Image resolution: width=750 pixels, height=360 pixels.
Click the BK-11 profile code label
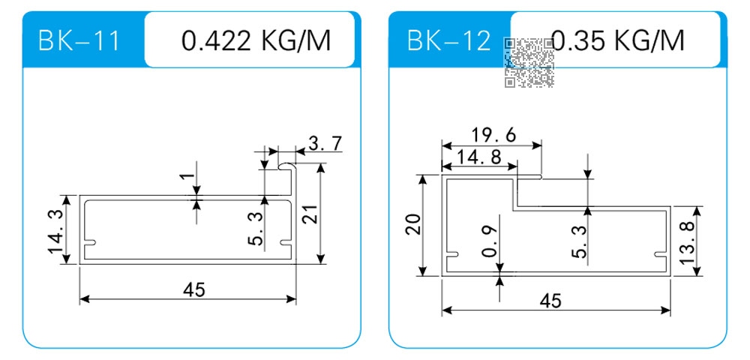[x=79, y=40]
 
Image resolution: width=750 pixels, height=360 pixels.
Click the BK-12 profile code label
[x=448, y=40]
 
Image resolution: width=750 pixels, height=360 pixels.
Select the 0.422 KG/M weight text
[x=256, y=40]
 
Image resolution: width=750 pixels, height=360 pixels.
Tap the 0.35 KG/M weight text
[x=617, y=40]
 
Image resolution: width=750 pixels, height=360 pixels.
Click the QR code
[x=529, y=63]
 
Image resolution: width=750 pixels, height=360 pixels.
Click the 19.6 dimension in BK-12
[x=493, y=135]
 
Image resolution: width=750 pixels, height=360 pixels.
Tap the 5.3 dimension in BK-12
[x=578, y=241]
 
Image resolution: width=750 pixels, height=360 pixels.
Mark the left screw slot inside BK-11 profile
[x=91, y=243]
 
